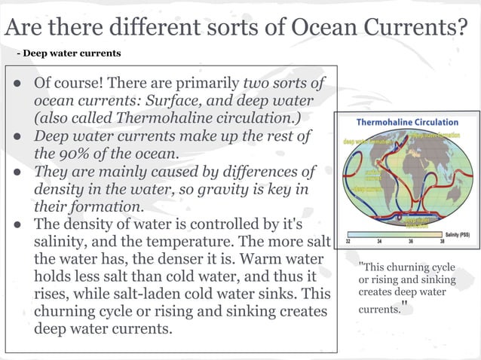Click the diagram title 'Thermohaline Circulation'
[x=407, y=122]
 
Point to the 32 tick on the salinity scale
[x=348, y=242]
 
